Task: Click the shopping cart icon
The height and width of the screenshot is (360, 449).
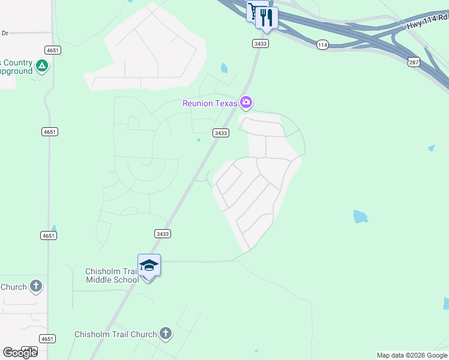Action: tap(256, 11)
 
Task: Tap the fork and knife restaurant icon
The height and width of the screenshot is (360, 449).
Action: tap(267, 17)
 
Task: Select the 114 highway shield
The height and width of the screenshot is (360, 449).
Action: tap(323, 44)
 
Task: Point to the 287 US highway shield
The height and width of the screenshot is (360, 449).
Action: tap(414, 62)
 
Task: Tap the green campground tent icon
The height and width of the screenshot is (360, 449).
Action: tap(42, 66)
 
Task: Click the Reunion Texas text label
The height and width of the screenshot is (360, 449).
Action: tap(210, 103)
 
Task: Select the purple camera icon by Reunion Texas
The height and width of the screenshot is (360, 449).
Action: tap(246, 103)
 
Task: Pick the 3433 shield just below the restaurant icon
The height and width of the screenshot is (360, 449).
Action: tap(260, 44)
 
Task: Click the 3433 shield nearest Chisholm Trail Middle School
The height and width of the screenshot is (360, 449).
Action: tap(162, 233)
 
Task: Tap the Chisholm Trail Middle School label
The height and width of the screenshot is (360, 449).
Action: tap(112, 275)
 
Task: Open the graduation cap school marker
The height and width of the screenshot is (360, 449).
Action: tap(149, 265)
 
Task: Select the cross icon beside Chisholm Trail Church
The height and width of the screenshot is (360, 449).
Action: tap(166, 334)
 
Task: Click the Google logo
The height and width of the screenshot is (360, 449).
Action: tap(19, 353)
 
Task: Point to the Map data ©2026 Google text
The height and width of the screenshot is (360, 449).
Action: tap(412, 355)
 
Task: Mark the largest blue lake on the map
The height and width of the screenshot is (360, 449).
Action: tap(360, 217)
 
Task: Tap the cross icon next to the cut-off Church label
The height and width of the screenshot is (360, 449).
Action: tap(36, 286)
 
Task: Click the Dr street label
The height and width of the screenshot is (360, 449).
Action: tap(5, 33)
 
